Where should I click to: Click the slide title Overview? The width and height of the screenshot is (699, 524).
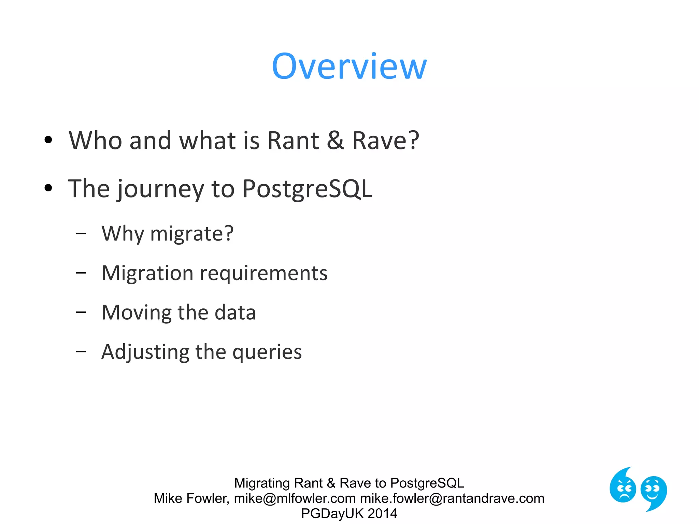click(349, 67)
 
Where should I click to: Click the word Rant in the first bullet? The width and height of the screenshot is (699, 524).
click(293, 141)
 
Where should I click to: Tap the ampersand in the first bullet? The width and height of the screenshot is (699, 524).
click(335, 141)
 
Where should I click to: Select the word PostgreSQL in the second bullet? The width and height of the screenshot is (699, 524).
click(307, 189)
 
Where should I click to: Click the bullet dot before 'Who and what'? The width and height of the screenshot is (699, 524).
click(48, 140)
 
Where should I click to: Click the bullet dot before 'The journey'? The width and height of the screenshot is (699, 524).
click(48, 188)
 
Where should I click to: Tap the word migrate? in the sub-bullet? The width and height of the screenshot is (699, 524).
click(192, 234)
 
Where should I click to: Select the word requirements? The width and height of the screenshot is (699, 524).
click(263, 274)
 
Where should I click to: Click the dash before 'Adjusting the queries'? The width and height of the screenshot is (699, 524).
click(81, 351)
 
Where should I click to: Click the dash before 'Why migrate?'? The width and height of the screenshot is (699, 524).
click(81, 233)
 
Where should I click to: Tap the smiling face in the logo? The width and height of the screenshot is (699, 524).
click(653, 491)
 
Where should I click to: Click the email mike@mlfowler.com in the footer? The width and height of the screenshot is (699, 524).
click(295, 498)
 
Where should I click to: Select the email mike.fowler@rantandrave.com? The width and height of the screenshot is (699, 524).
click(452, 498)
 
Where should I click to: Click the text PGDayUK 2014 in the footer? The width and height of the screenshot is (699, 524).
click(349, 513)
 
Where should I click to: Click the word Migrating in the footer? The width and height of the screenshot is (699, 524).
click(262, 483)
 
